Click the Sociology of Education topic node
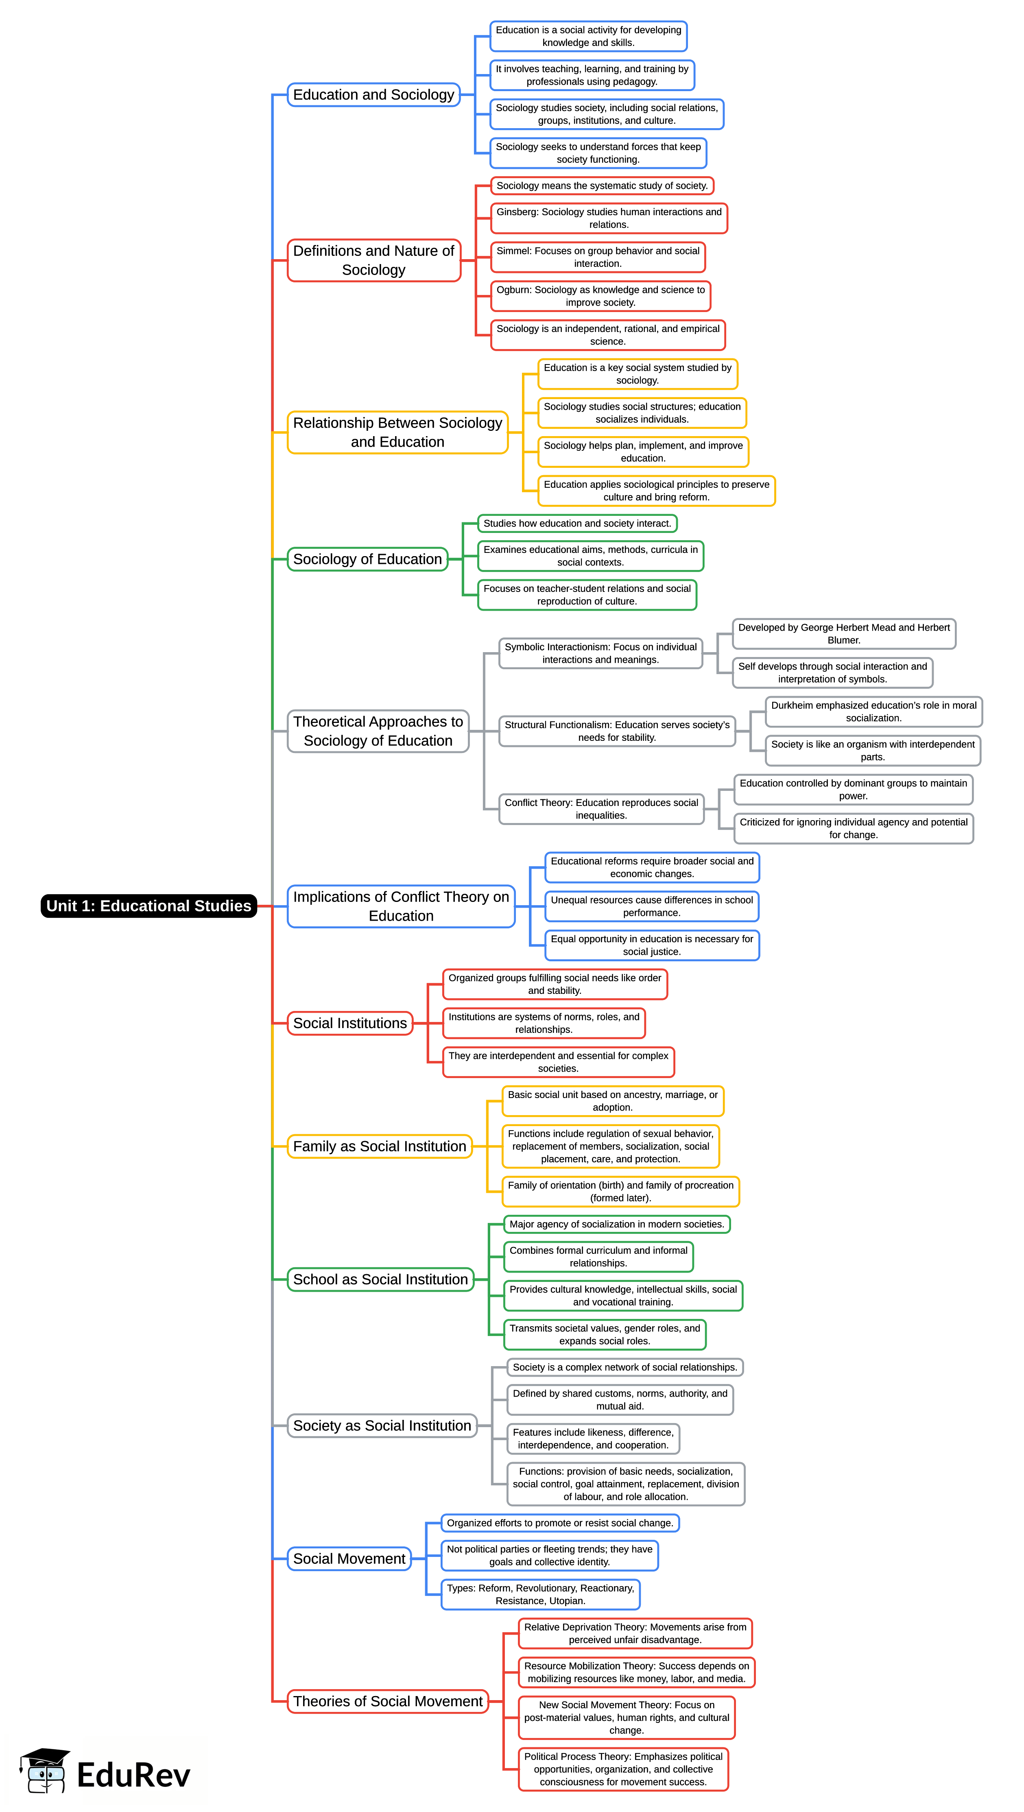tap(367, 559)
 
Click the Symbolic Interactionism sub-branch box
tap(600, 653)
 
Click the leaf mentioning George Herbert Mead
tap(843, 634)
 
